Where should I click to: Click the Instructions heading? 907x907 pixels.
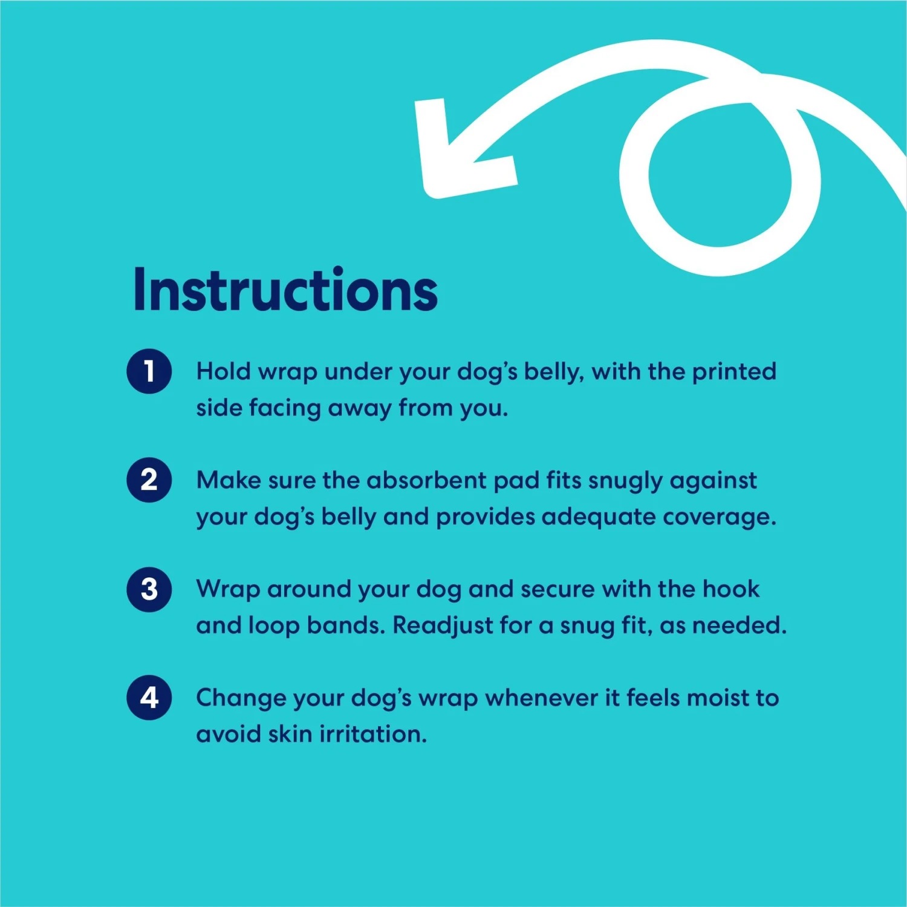(x=285, y=290)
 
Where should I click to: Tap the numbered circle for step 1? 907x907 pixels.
(x=149, y=371)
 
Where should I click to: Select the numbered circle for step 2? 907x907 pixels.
(x=149, y=480)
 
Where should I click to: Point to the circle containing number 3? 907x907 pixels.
(x=149, y=589)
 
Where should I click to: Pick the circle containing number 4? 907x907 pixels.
(x=149, y=698)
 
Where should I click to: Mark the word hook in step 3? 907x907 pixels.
(x=731, y=589)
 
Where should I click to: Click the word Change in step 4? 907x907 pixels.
(x=241, y=698)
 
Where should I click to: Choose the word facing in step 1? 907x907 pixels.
(x=285, y=409)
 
